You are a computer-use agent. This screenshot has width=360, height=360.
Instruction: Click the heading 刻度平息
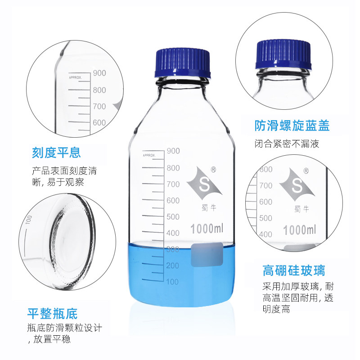(56, 153)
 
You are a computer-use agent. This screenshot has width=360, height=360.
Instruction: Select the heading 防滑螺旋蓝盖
(286, 126)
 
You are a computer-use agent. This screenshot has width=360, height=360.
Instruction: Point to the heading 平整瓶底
(53, 313)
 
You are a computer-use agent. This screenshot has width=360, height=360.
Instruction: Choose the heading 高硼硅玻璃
(293, 271)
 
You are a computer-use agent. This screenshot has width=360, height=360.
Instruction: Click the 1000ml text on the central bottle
(207, 229)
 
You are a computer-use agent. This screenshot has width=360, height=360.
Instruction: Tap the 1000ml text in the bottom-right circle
(300, 230)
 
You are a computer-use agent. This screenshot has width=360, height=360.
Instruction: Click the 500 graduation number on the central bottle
(173, 216)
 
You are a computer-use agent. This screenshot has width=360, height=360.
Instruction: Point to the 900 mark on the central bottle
(173, 151)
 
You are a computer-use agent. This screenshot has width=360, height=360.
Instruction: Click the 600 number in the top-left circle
(99, 122)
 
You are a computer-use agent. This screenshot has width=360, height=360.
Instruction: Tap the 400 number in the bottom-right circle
(265, 234)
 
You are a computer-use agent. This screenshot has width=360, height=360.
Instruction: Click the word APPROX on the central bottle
(148, 155)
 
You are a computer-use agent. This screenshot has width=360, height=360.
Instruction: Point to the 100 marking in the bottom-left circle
(29, 220)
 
